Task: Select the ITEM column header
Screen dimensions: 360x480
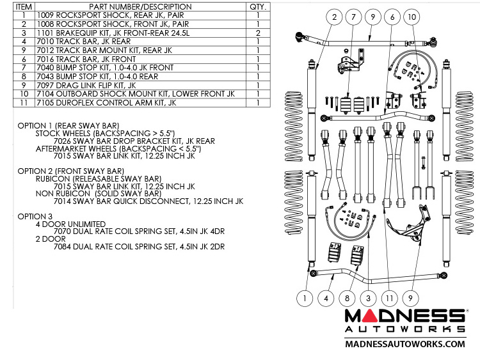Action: click(24, 6)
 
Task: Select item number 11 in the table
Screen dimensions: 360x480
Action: click(24, 102)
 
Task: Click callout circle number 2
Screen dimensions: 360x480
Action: click(333, 17)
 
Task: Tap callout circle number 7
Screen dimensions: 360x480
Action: click(353, 17)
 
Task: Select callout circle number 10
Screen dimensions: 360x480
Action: click(412, 17)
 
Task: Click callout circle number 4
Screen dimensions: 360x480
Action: click(326, 297)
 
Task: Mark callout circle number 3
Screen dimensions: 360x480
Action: click(367, 297)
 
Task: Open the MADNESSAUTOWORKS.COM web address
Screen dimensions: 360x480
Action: click(405, 343)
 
